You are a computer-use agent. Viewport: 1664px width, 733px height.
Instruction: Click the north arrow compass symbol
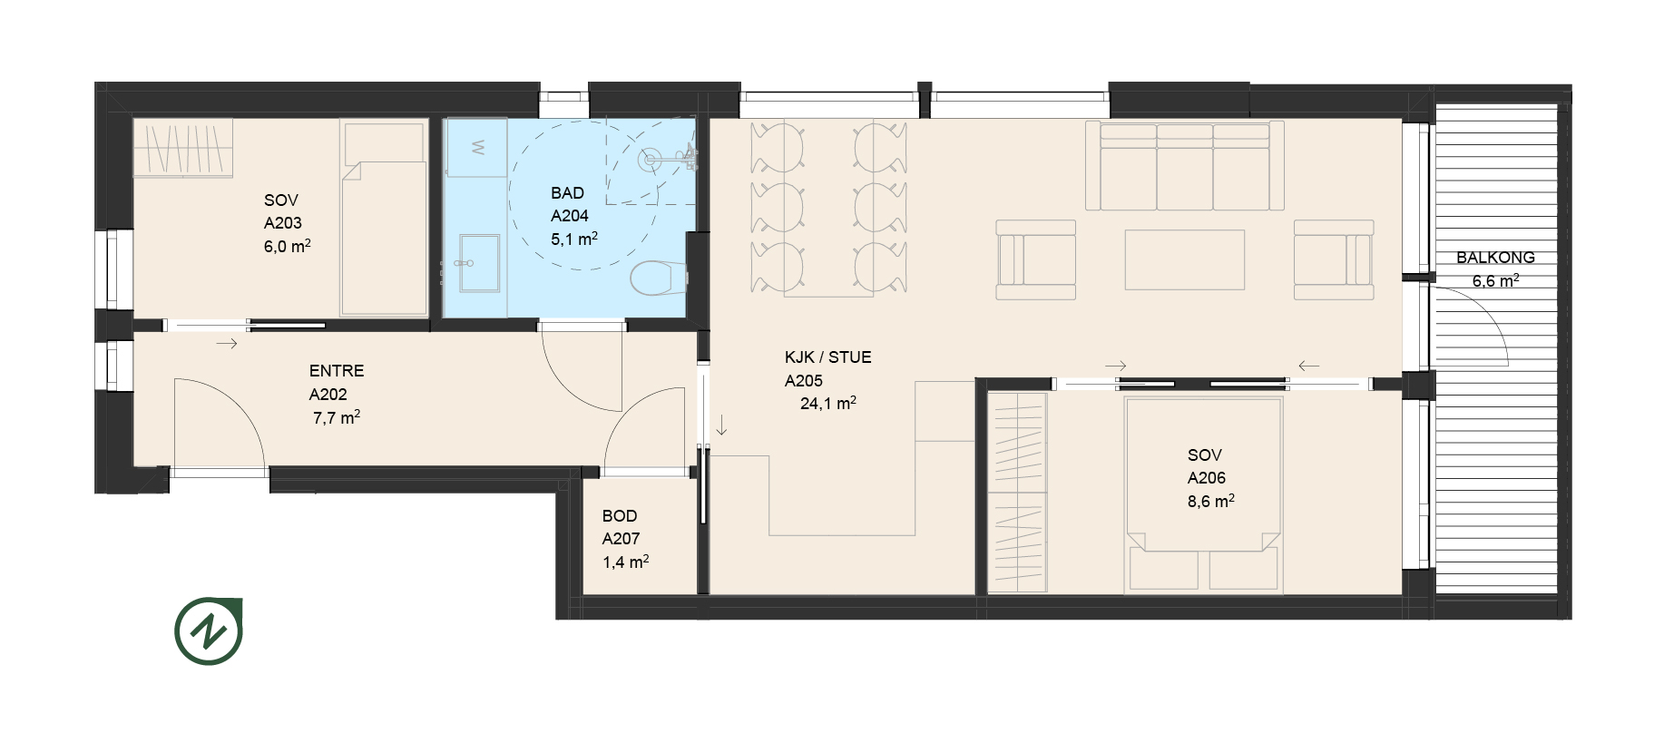click(x=209, y=630)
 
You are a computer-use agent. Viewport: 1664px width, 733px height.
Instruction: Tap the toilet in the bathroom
click(x=658, y=279)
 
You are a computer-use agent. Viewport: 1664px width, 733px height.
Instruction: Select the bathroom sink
click(x=478, y=263)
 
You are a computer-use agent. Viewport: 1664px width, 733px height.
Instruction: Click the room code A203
click(x=283, y=223)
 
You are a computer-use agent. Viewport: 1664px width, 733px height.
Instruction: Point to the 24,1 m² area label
click(x=828, y=404)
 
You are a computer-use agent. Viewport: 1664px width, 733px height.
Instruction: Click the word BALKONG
click(x=1495, y=258)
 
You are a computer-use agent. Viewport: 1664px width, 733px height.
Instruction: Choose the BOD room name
click(x=620, y=516)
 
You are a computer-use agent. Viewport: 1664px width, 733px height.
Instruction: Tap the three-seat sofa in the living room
click(x=1185, y=167)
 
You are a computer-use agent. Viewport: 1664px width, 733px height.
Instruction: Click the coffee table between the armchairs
click(x=1184, y=259)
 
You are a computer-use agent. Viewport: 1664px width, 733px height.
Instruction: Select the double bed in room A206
click(x=1204, y=494)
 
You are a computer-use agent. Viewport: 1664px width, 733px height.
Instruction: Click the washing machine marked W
click(x=476, y=148)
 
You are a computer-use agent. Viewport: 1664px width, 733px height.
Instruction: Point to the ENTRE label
click(x=337, y=371)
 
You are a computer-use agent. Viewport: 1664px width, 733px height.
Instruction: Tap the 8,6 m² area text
click(x=1211, y=502)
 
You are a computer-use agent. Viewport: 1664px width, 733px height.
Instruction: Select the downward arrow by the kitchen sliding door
click(x=721, y=425)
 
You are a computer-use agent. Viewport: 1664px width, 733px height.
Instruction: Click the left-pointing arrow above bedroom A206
click(x=1308, y=366)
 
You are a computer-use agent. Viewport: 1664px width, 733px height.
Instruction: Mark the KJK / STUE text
click(x=827, y=357)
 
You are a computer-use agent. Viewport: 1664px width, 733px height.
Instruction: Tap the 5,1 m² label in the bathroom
click(x=574, y=239)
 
